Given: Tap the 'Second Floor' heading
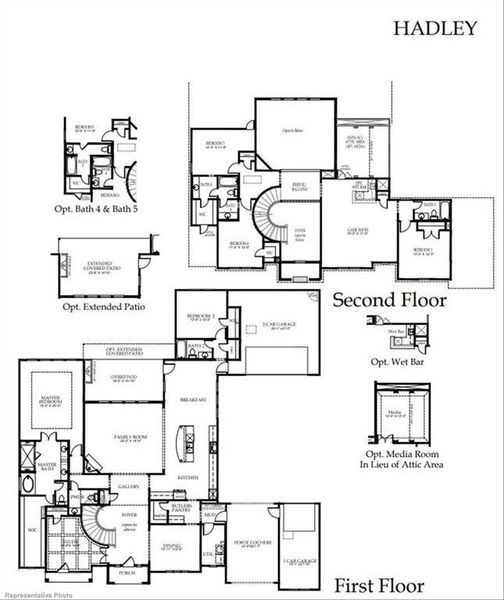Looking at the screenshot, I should click(x=389, y=299).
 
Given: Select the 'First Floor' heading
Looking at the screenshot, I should click(x=378, y=585).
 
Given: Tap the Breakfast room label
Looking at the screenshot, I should click(x=194, y=400).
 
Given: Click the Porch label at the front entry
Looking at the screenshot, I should click(x=127, y=573).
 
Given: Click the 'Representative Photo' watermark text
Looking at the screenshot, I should click(x=32, y=593).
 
